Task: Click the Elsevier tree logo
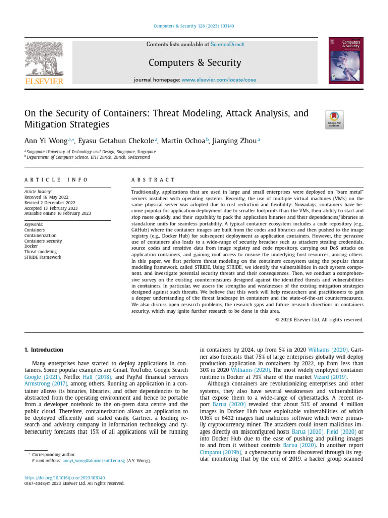pos(44,59)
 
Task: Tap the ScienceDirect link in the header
pos(227,45)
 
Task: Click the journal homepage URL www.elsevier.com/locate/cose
pos(219,80)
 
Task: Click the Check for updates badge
pos(334,119)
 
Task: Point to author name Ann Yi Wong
pos(45,141)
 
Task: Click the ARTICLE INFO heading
pos(56,180)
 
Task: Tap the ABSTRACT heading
pos(153,180)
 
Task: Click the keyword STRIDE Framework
pos(42,257)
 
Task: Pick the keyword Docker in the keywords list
pos(31,246)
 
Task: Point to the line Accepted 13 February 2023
pos(51,208)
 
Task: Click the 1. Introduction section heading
pos(44,350)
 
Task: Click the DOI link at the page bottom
pos(65,478)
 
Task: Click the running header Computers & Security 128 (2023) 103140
pos(195,27)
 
